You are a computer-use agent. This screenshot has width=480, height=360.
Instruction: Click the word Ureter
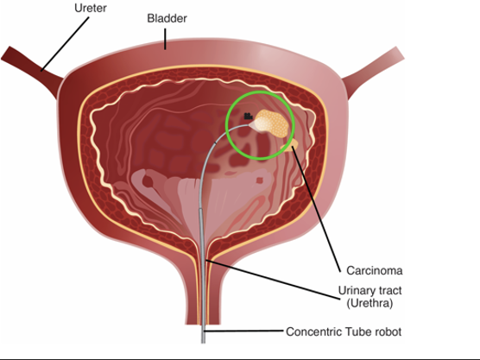(x=91, y=8)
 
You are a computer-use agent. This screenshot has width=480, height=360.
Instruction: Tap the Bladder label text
(x=167, y=18)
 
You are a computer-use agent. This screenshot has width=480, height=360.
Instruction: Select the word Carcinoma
(x=375, y=270)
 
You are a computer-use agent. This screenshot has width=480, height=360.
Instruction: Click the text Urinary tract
(x=369, y=290)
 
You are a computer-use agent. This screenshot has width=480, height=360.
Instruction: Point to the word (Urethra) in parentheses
(x=369, y=303)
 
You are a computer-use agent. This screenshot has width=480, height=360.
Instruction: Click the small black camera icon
(x=248, y=117)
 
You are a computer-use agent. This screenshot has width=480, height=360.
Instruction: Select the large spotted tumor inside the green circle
(x=272, y=123)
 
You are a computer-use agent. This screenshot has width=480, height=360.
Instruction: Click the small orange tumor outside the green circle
(x=290, y=145)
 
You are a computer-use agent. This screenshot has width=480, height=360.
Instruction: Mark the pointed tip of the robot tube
(x=249, y=125)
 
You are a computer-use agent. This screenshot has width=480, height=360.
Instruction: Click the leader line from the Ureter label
(x=65, y=44)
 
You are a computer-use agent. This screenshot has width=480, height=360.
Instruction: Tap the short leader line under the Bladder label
(x=165, y=39)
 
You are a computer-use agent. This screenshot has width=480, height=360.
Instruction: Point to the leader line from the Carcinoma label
(x=317, y=209)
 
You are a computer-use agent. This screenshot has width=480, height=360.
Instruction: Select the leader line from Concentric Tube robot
(x=243, y=332)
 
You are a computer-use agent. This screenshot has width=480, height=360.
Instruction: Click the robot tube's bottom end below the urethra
(x=203, y=343)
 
